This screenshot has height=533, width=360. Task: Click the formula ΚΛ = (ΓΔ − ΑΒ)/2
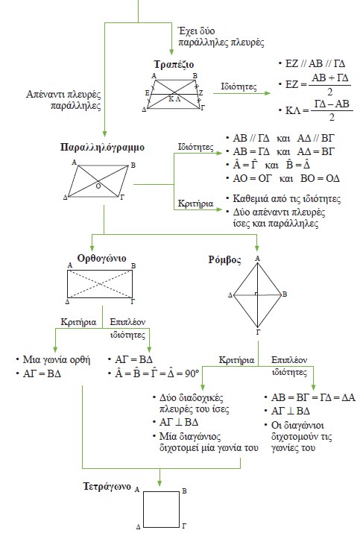point(312,116)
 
